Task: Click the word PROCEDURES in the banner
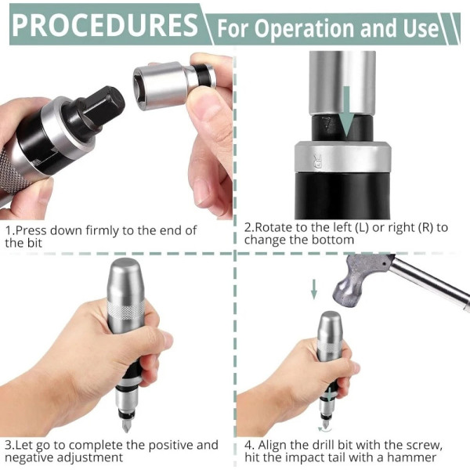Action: point(105,25)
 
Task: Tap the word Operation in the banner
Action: point(305,28)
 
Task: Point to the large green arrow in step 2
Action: point(346,111)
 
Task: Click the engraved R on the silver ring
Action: point(317,161)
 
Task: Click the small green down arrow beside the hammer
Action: point(314,289)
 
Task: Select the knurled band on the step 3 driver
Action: point(126,309)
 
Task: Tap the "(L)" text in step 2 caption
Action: point(362,228)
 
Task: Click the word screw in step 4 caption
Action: point(424,445)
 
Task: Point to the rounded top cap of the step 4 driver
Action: point(329,324)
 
